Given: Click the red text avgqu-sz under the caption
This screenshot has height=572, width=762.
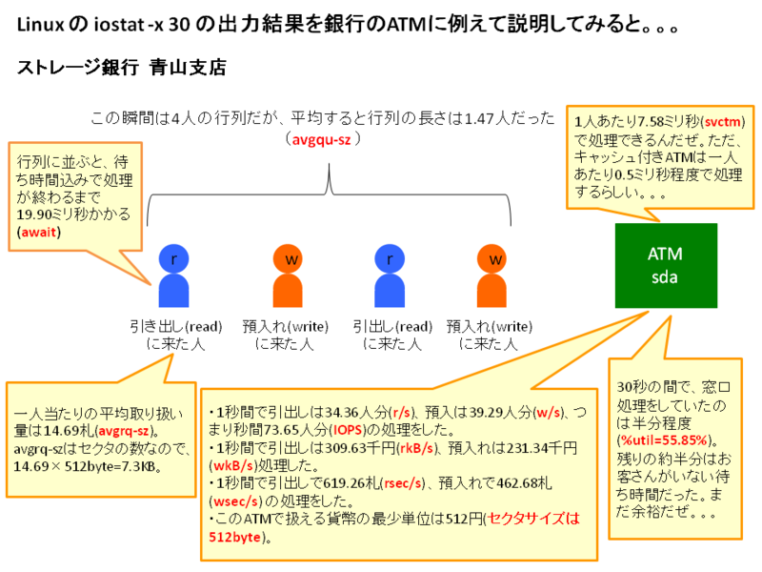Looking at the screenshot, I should point(323,139).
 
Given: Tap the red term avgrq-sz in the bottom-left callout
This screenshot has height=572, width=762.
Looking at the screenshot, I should point(130,433).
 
